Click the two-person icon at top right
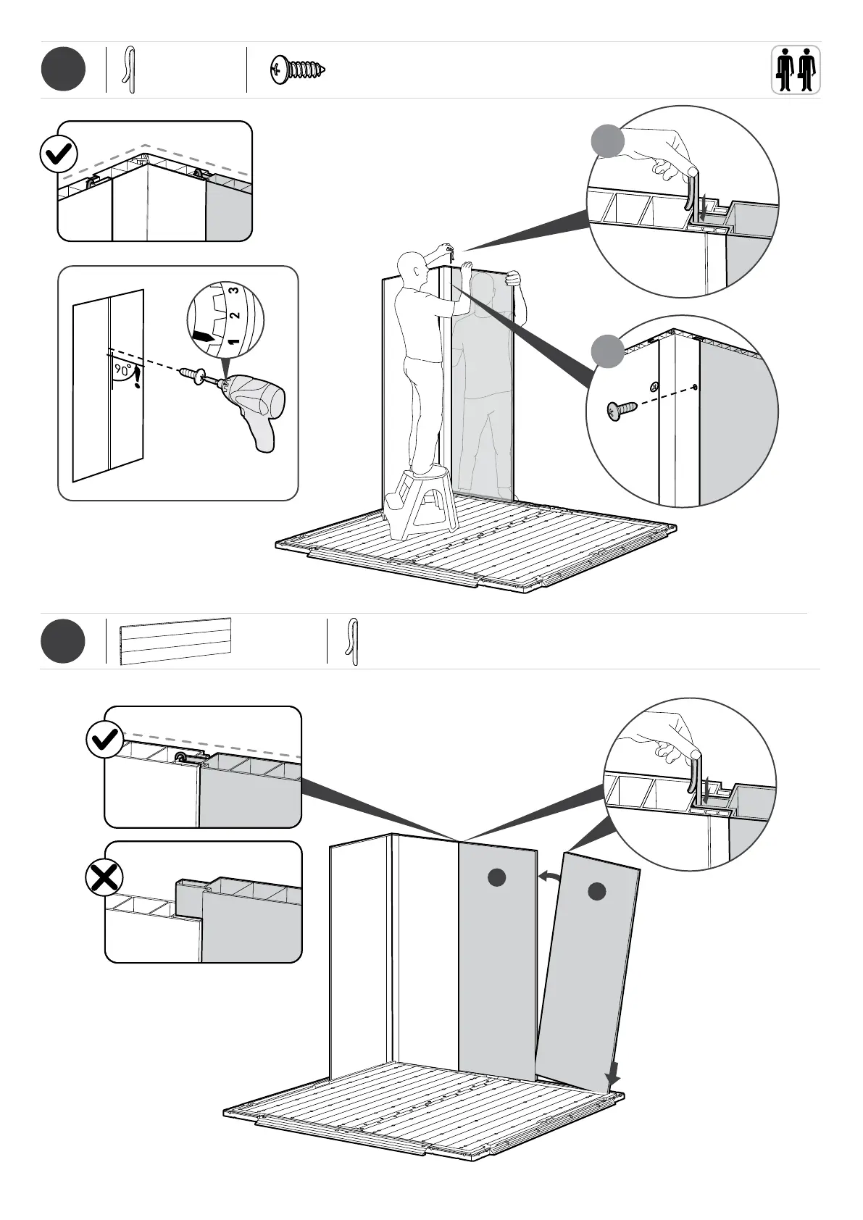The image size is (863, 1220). pyautogui.click(x=795, y=70)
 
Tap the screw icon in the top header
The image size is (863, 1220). pyautogui.click(x=298, y=70)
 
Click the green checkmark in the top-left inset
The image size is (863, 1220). pyautogui.click(x=59, y=154)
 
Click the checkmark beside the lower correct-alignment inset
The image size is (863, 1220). pyautogui.click(x=104, y=740)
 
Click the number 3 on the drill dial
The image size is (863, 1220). pyautogui.click(x=232, y=291)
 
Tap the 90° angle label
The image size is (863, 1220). pyautogui.click(x=122, y=370)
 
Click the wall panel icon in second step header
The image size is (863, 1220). pyautogui.click(x=176, y=641)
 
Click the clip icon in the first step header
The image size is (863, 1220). pyautogui.click(x=130, y=70)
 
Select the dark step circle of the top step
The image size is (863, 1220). pyautogui.click(x=63, y=70)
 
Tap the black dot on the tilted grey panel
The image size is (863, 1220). pyautogui.click(x=596, y=892)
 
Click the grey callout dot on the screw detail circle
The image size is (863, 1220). pyautogui.click(x=607, y=351)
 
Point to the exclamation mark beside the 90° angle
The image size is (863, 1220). pyautogui.click(x=136, y=379)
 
